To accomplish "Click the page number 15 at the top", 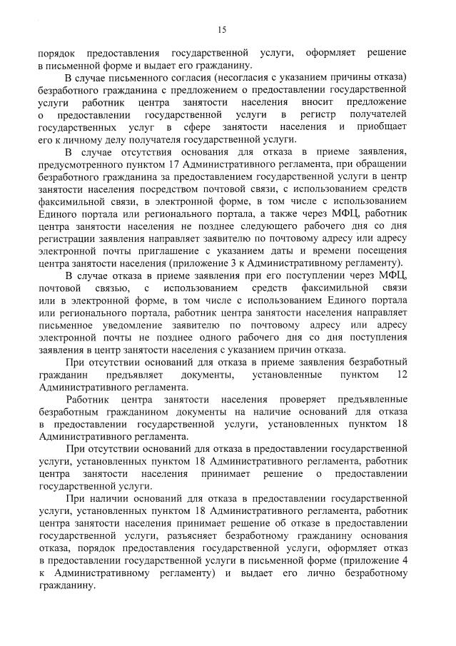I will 222,29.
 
